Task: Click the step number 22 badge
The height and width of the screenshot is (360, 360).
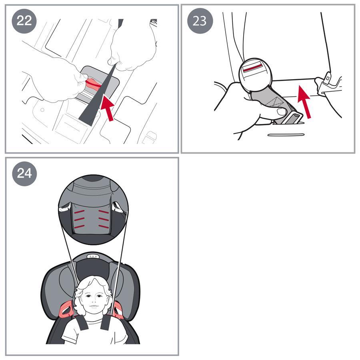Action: pyautogui.click(x=24, y=21)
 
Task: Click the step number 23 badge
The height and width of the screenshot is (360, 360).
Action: pyautogui.click(x=200, y=21)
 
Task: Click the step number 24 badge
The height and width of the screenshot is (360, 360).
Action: pyautogui.click(x=24, y=174)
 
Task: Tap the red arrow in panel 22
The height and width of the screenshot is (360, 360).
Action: pyautogui.click(x=108, y=108)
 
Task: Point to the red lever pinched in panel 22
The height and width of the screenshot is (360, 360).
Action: pyautogui.click(x=93, y=84)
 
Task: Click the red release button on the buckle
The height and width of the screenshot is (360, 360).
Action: pyautogui.click(x=253, y=68)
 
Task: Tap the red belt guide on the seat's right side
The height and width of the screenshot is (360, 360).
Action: pyautogui.click(x=119, y=310)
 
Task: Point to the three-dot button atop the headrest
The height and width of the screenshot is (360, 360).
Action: pyautogui.click(x=93, y=256)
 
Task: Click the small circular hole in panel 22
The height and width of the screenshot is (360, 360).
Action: pyautogui.click(x=42, y=110)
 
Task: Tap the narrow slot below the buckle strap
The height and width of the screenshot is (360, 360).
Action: pyautogui.click(x=286, y=135)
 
